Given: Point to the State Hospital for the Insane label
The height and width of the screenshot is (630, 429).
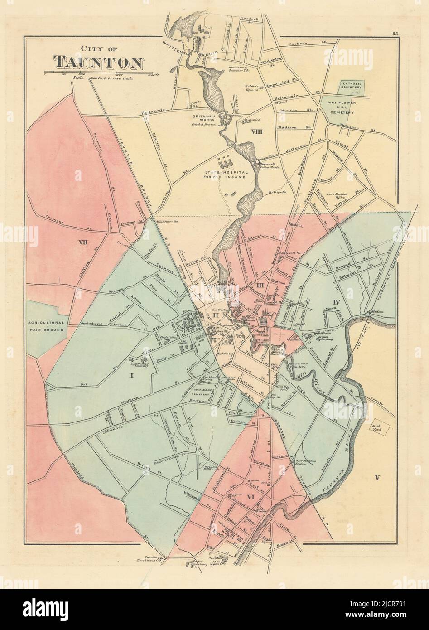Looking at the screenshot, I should point(225,174).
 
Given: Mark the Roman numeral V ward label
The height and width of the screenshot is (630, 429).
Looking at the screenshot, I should point(377,476).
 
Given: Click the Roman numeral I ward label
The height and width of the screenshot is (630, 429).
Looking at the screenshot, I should point(133,375).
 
